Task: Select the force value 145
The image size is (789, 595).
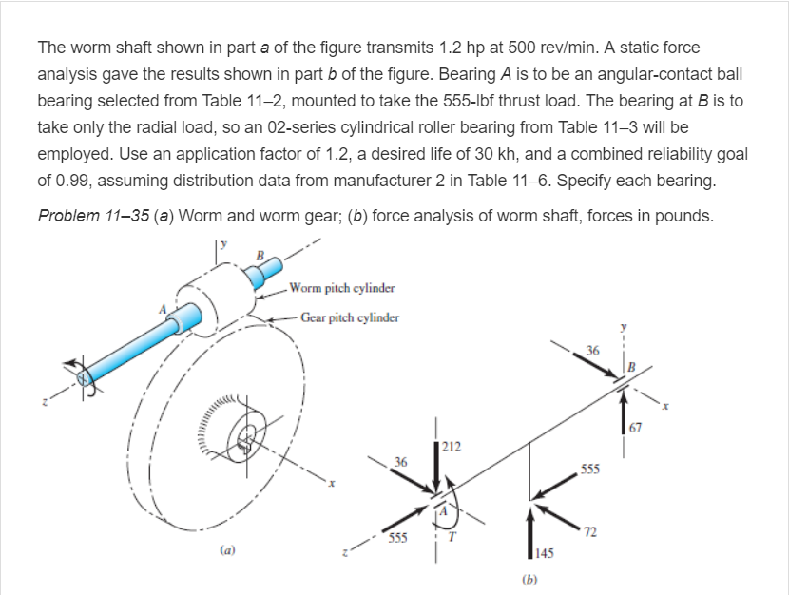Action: [543, 555]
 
